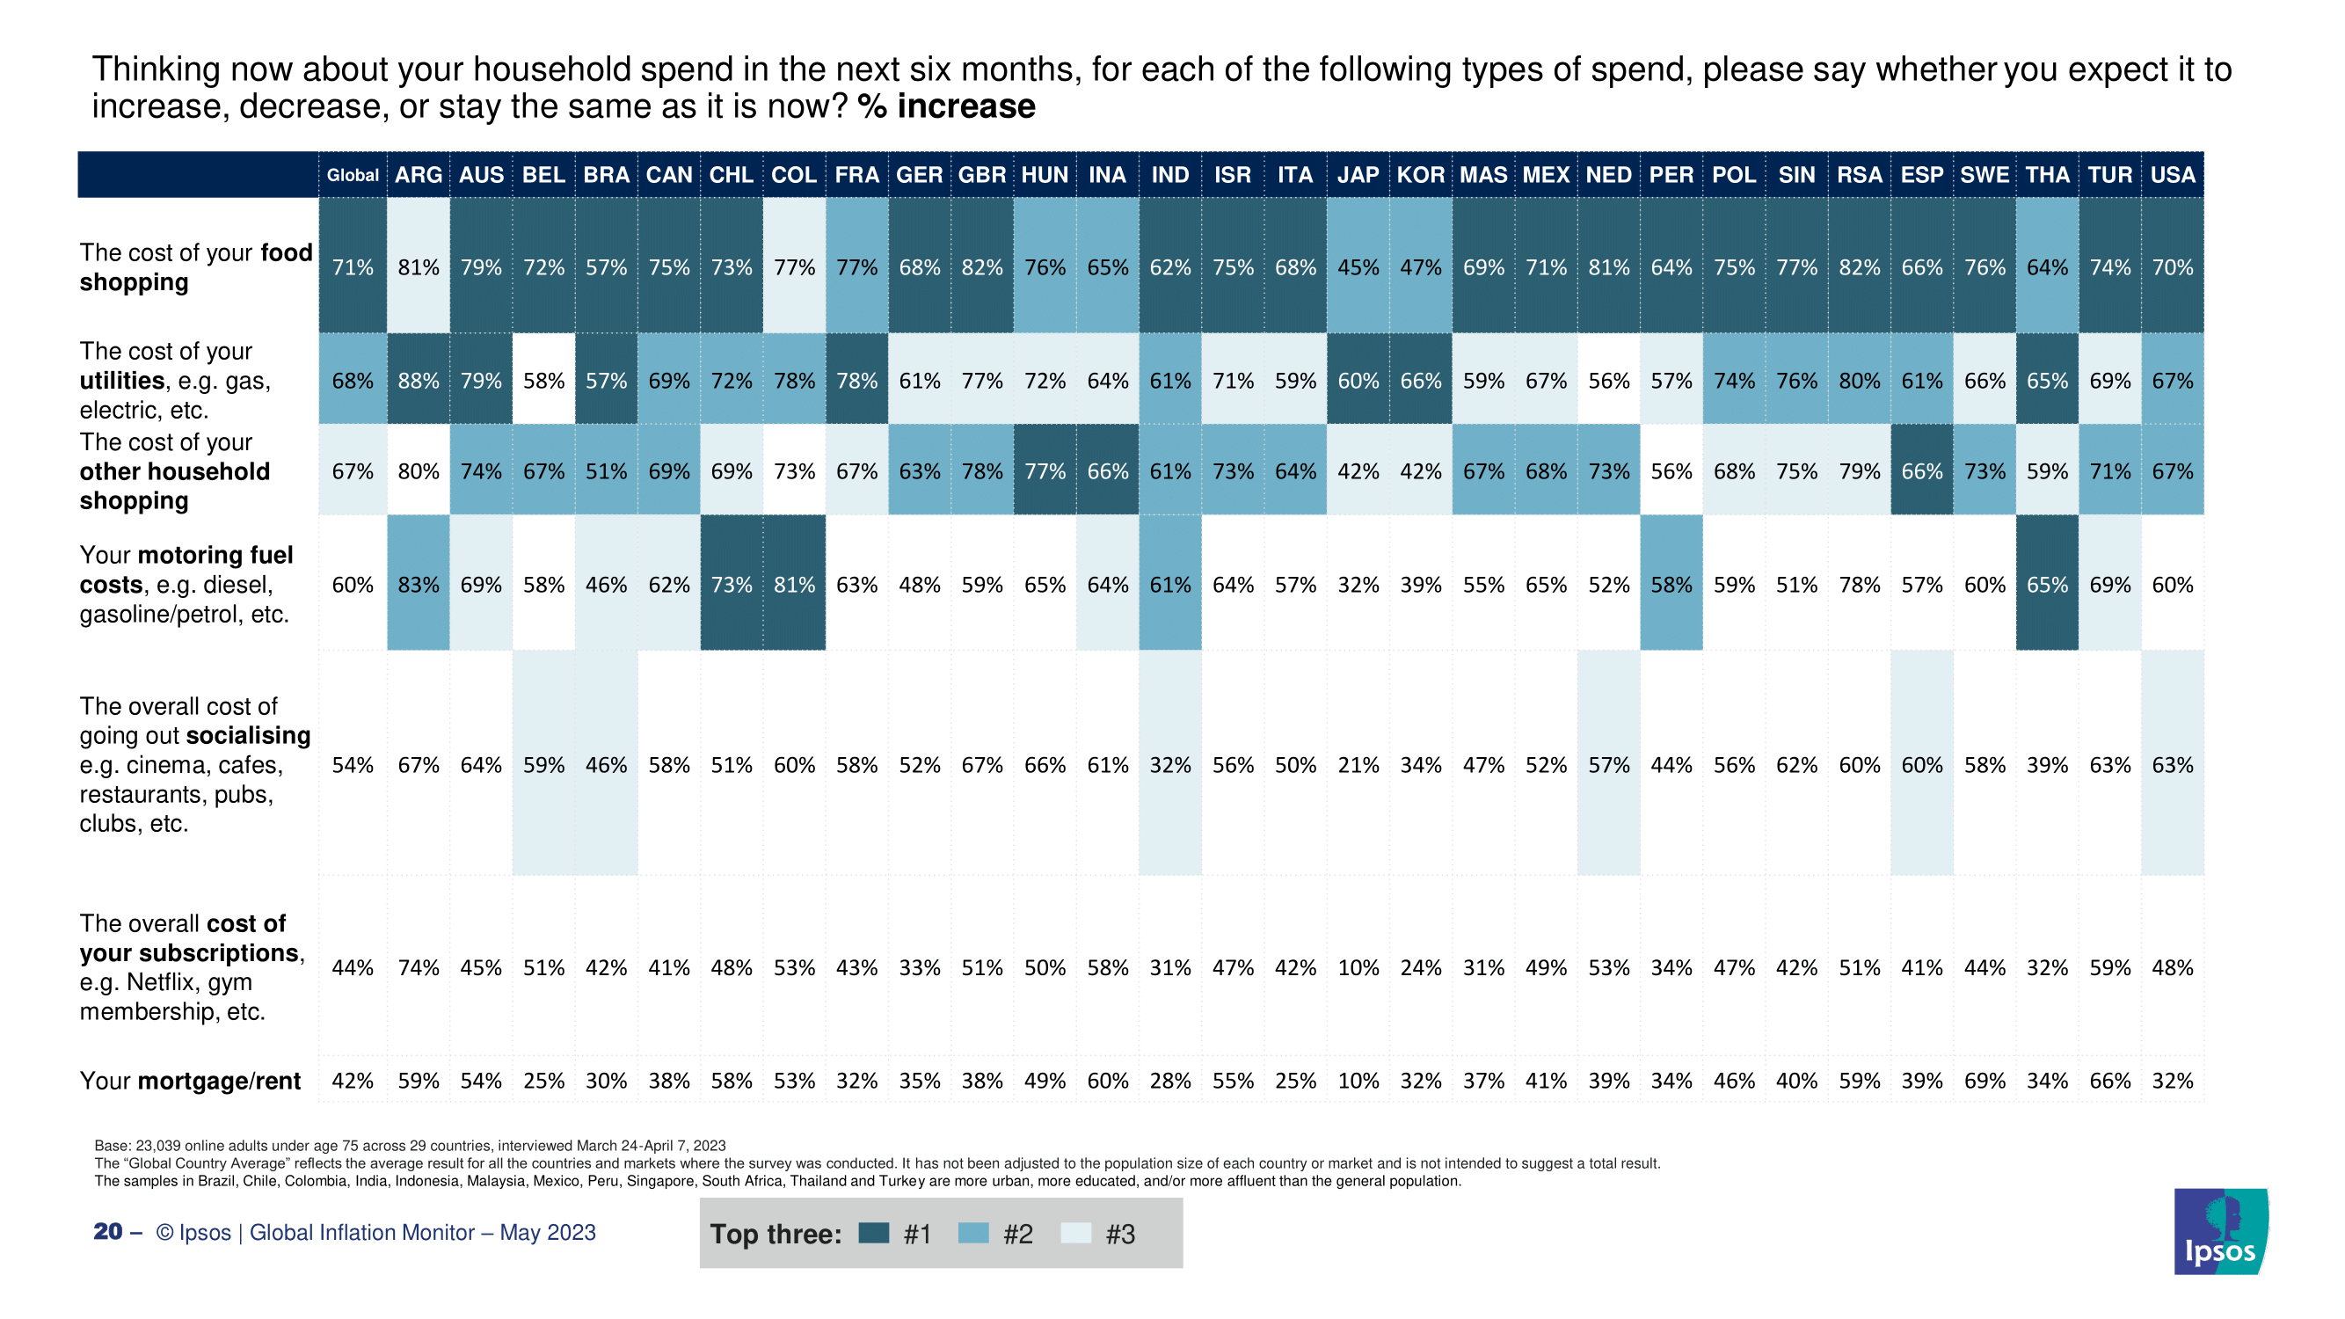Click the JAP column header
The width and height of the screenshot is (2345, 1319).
pos(1358,175)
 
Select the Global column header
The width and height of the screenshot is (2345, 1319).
pos(353,175)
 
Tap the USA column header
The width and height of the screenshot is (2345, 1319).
pos(2172,175)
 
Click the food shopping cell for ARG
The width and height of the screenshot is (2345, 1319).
pos(418,267)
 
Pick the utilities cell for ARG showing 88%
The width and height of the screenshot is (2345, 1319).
pos(418,381)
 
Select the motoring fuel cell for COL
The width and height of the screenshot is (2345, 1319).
pos(794,585)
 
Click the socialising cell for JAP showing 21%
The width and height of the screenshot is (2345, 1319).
pos(1358,765)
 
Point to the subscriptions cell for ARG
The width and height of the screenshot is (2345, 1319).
pos(418,967)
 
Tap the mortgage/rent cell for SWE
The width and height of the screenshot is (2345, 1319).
pos(1985,1081)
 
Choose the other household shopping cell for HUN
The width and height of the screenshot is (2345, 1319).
pos(1045,471)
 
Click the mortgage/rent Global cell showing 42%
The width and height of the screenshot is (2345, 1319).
pos(353,1081)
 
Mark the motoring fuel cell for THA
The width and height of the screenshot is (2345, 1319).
pos(2046,585)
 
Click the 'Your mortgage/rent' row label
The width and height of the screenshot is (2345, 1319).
pos(189,1081)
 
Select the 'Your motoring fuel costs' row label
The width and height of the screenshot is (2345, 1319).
pos(186,585)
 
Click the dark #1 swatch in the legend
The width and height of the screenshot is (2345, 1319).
pos(874,1234)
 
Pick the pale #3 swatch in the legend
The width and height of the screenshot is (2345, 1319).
pos(1076,1234)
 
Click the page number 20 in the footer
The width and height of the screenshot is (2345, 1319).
pos(107,1232)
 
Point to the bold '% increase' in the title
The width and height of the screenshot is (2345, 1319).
pos(946,107)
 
